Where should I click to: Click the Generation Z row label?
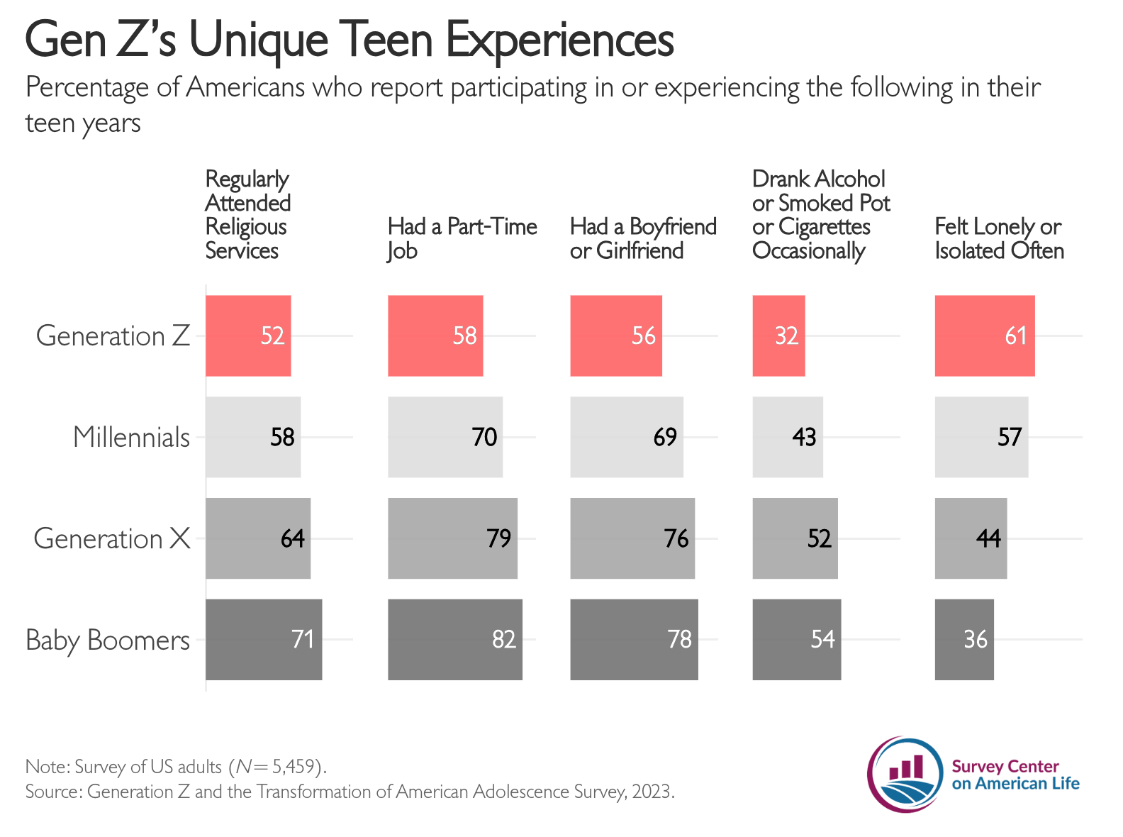[x=113, y=336]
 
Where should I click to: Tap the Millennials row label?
[x=131, y=437]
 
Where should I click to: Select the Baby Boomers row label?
[x=108, y=640]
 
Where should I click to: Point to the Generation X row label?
[x=112, y=538]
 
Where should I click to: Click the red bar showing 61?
[x=984, y=336]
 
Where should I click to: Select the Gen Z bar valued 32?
[x=778, y=336]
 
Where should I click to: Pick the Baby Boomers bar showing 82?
[x=454, y=640]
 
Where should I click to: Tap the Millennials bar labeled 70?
[x=445, y=437]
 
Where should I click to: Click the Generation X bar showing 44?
[x=971, y=538]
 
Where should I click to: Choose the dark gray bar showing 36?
[x=963, y=640]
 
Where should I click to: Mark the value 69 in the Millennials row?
[x=665, y=437]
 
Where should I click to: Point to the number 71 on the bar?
[x=303, y=640]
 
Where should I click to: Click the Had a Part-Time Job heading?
[x=462, y=238]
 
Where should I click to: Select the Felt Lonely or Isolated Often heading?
[x=999, y=238]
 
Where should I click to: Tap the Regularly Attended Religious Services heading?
[x=248, y=214]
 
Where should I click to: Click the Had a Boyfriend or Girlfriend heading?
[x=643, y=238]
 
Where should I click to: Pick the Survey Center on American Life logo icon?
[x=905, y=775]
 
